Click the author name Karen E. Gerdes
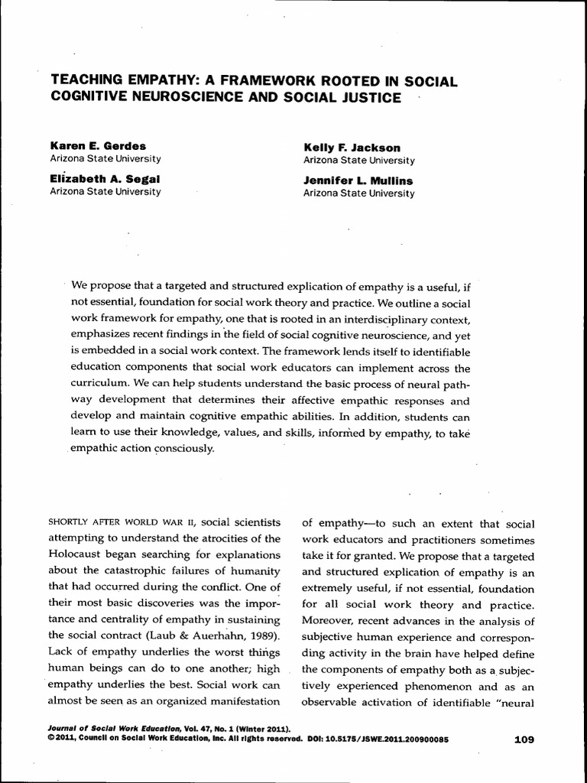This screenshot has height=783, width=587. coord(98,146)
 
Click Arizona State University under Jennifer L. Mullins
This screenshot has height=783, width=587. coord(358,193)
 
